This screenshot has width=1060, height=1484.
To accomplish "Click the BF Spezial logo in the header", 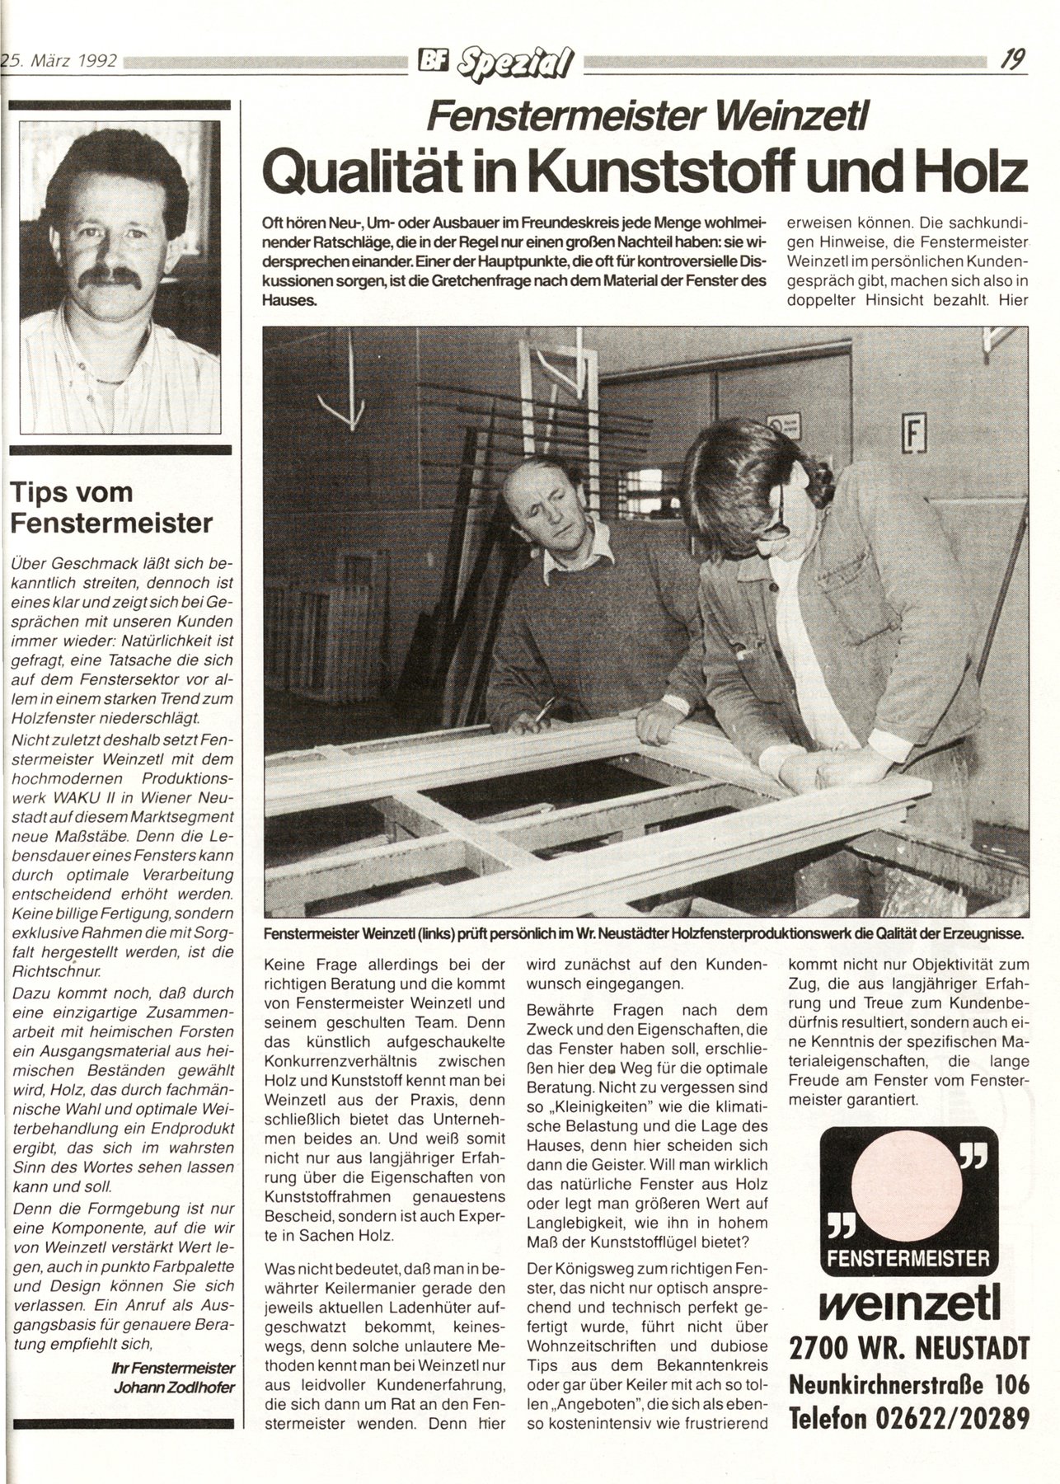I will click(500, 60).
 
